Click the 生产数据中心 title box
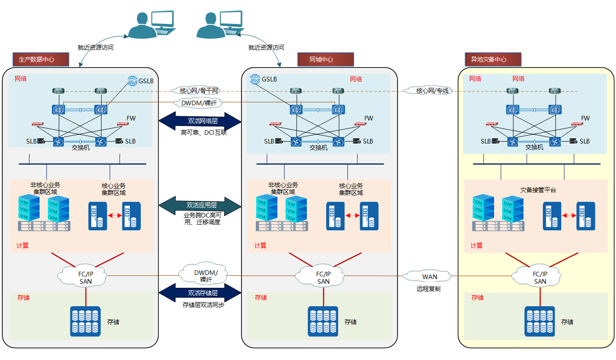coord(41,59)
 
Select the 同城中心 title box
coord(325,59)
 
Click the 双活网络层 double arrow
coord(200,121)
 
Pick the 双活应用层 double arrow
coord(200,205)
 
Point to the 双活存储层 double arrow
coord(200,292)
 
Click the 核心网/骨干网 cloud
coord(199,91)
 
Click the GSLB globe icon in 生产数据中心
coord(132,80)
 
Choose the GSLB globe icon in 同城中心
coord(255,79)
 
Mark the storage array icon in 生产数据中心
coord(86,321)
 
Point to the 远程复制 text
coord(429,289)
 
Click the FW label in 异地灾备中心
coord(585,118)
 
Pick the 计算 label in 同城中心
coord(260,246)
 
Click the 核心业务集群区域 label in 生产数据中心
coord(114,189)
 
